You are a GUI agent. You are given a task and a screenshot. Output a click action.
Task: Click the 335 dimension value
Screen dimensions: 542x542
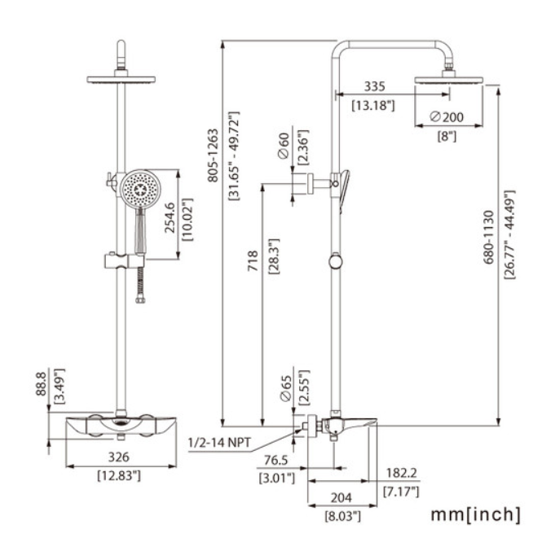click(x=374, y=86)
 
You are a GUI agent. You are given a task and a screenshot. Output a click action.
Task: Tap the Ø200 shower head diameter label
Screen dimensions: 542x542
click(x=447, y=117)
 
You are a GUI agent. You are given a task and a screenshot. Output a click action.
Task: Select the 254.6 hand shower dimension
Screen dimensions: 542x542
click(x=170, y=218)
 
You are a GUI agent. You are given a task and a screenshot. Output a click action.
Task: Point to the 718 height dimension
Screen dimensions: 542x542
click(x=253, y=260)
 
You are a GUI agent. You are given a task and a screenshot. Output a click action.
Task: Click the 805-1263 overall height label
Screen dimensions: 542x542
click(x=213, y=155)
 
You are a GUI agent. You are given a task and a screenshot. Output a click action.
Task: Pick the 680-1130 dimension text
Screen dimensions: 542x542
click(x=488, y=237)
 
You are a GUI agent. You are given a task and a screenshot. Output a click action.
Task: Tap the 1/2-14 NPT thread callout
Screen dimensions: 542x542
click(x=219, y=443)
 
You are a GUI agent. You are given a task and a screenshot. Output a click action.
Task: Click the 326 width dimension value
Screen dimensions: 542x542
click(x=119, y=457)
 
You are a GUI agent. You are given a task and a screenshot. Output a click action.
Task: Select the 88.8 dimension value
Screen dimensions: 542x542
click(x=41, y=383)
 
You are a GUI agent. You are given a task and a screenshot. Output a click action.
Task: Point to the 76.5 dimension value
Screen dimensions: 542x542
click(x=275, y=460)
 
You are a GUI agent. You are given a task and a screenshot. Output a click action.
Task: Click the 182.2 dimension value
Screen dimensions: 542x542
click(x=402, y=473)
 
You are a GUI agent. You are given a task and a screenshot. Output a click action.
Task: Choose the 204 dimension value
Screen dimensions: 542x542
click(x=342, y=498)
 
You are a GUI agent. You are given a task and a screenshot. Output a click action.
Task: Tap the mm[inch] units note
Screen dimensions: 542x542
click(x=475, y=514)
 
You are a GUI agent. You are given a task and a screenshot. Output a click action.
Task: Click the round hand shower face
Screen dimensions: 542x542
click(x=140, y=189)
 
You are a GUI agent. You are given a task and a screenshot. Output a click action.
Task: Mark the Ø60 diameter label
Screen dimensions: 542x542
click(x=284, y=146)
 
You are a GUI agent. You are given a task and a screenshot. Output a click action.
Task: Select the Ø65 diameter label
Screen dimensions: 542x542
click(x=286, y=388)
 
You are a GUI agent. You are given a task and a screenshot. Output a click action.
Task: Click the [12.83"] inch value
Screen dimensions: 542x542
click(x=119, y=476)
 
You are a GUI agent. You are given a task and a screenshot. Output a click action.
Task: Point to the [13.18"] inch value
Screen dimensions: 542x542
click(x=373, y=105)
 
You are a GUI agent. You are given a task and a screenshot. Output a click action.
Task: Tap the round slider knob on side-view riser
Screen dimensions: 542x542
click(x=336, y=262)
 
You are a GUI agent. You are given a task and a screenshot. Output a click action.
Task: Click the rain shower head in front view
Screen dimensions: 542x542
click(x=121, y=80)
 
